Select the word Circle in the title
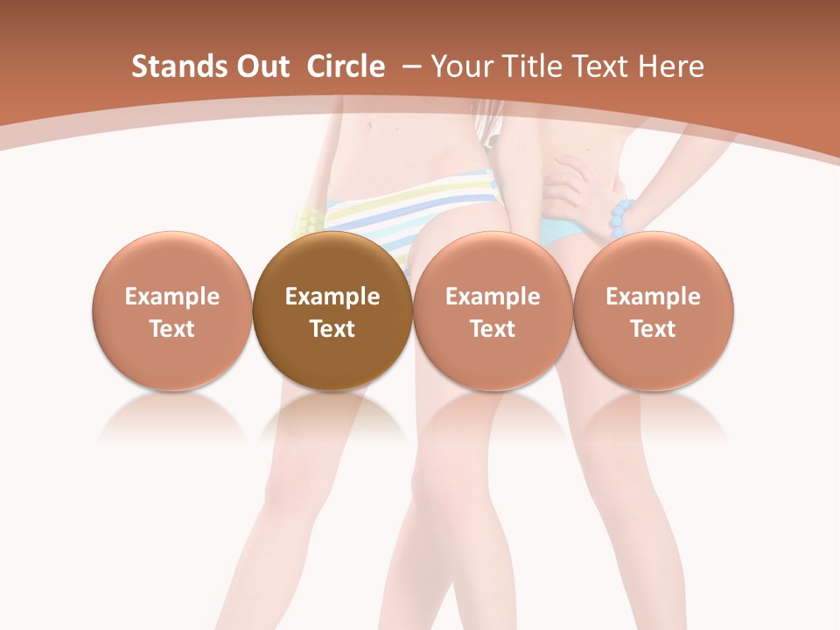[346, 66]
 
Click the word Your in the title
[460, 66]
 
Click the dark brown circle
[332, 311]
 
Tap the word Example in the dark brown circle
[332, 297]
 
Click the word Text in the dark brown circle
[332, 329]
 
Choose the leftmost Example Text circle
[172, 311]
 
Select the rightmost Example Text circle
[654, 311]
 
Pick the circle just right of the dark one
[493, 311]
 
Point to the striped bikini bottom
[411, 210]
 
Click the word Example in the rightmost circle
[654, 297]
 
